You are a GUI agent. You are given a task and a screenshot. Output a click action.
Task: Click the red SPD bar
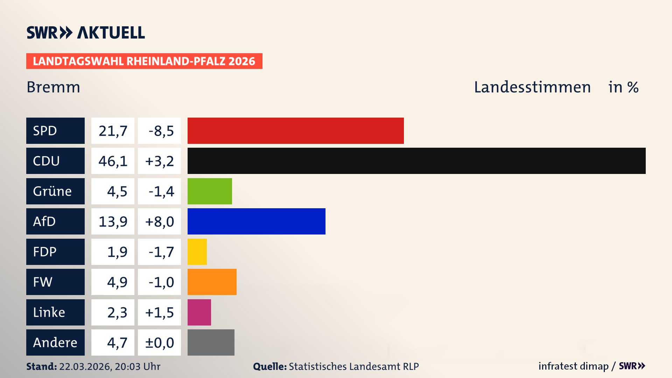coord(295,131)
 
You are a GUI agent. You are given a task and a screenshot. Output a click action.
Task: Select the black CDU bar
coord(416,161)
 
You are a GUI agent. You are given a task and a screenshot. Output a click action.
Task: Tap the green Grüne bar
coord(210,191)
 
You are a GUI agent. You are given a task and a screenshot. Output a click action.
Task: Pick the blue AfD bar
coord(256,221)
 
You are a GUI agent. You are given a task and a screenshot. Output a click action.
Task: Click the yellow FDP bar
coord(197,252)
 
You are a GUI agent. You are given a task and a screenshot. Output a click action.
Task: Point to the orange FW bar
coord(212,282)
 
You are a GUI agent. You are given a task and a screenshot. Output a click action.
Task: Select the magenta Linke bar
coord(199,312)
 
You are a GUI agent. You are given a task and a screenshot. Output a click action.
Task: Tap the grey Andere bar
coord(211,342)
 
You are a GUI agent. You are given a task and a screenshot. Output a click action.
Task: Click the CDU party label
coord(55,161)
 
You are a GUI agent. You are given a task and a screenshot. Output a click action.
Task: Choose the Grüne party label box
coord(55,191)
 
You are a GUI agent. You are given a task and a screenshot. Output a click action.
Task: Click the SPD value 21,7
coord(113,131)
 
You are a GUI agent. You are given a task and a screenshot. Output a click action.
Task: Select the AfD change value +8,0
coord(159,221)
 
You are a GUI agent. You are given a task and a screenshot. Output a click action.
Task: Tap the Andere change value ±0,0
coord(159,342)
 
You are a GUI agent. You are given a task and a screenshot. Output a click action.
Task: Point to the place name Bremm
coord(53,87)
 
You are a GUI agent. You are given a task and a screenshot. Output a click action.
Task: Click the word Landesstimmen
coord(532,87)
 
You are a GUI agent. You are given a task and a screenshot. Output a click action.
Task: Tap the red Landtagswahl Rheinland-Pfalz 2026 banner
coord(144,61)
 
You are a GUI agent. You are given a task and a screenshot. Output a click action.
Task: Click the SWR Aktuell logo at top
coord(86,33)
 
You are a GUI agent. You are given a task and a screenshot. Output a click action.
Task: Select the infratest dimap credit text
coord(573,366)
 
